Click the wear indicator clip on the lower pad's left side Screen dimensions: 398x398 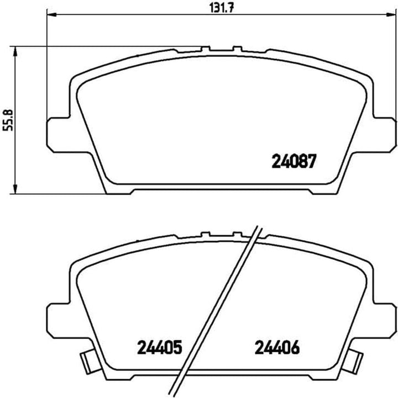87,362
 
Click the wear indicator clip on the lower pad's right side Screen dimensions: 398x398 355,362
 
